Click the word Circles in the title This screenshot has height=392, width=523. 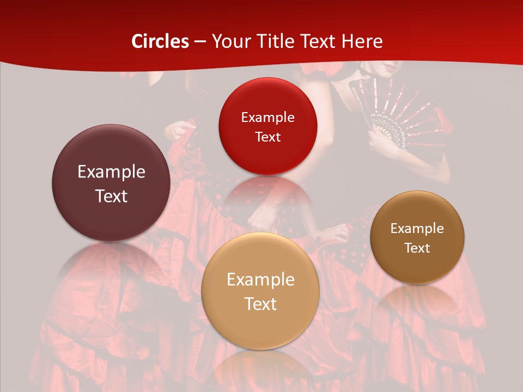point(160,41)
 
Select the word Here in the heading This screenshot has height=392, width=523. point(362,41)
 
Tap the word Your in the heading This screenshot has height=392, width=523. point(230,41)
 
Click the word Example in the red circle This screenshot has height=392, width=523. point(267,117)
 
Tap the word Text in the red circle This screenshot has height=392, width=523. point(267,137)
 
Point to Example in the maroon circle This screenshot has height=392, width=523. point(111,172)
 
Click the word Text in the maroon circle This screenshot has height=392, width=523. point(111,196)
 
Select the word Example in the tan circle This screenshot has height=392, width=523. point(260,280)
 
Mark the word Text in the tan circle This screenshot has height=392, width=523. point(260,304)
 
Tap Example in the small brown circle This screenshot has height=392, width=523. point(417,229)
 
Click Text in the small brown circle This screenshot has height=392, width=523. point(417,248)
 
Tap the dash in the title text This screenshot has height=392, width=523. point(200,42)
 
